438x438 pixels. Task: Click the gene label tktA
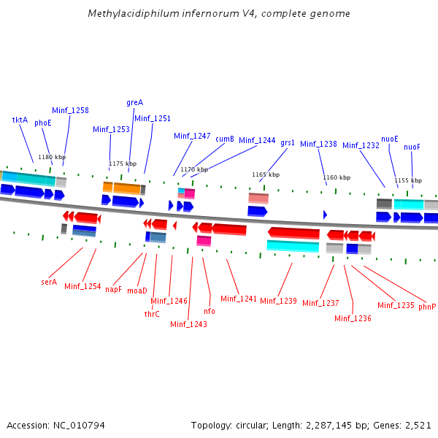(20, 120)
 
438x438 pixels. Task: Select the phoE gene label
(43, 123)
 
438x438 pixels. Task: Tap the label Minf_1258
(70, 110)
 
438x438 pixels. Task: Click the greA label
(134, 102)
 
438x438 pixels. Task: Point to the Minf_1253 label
(111, 129)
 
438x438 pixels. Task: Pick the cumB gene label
(224, 139)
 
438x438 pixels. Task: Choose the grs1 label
(288, 142)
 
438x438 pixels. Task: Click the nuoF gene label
(412, 147)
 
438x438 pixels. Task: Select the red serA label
(49, 282)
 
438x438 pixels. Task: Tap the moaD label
(137, 291)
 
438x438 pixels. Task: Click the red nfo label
(210, 311)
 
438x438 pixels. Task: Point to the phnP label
(427, 307)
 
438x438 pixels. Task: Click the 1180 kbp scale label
(52, 157)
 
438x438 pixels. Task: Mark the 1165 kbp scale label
(266, 174)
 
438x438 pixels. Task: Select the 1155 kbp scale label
(408, 180)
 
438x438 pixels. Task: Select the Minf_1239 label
(278, 301)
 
